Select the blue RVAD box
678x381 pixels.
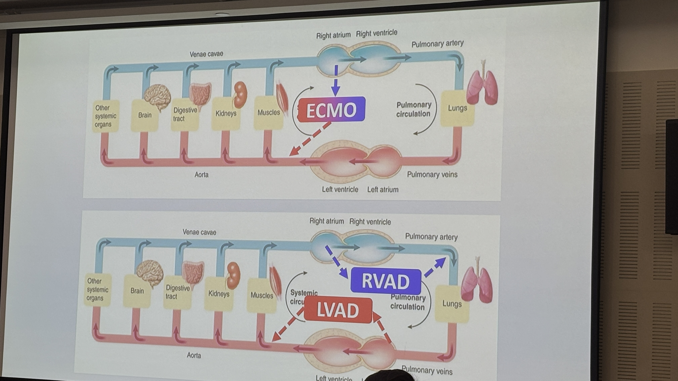click(x=386, y=281)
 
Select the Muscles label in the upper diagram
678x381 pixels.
click(x=269, y=113)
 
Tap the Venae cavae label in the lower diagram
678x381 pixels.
click(x=199, y=232)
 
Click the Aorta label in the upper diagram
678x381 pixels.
click(x=201, y=175)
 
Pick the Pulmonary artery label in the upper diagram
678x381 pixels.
click(x=437, y=44)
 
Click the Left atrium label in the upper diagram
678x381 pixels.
click(x=383, y=190)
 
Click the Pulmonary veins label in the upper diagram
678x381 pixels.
click(x=432, y=175)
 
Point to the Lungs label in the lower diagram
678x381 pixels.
click(x=452, y=304)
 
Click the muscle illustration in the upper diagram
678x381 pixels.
click(x=282, y=97)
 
